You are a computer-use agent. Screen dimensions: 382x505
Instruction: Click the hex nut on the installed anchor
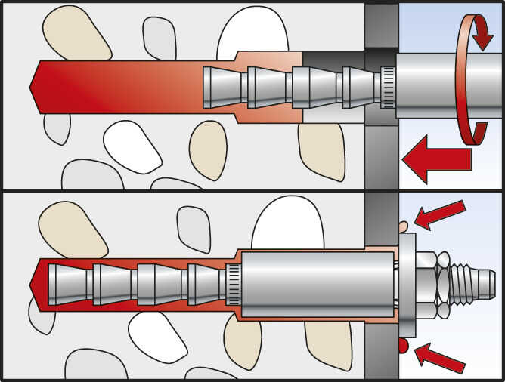tap(426, 286)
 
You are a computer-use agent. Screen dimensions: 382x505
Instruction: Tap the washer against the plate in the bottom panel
tap(408, 285)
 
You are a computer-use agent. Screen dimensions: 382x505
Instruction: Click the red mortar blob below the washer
tap(402, 345)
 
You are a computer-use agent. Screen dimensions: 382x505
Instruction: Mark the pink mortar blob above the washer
tap(402, 224)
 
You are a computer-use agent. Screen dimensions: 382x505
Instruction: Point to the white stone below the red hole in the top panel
tap(132, 148)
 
